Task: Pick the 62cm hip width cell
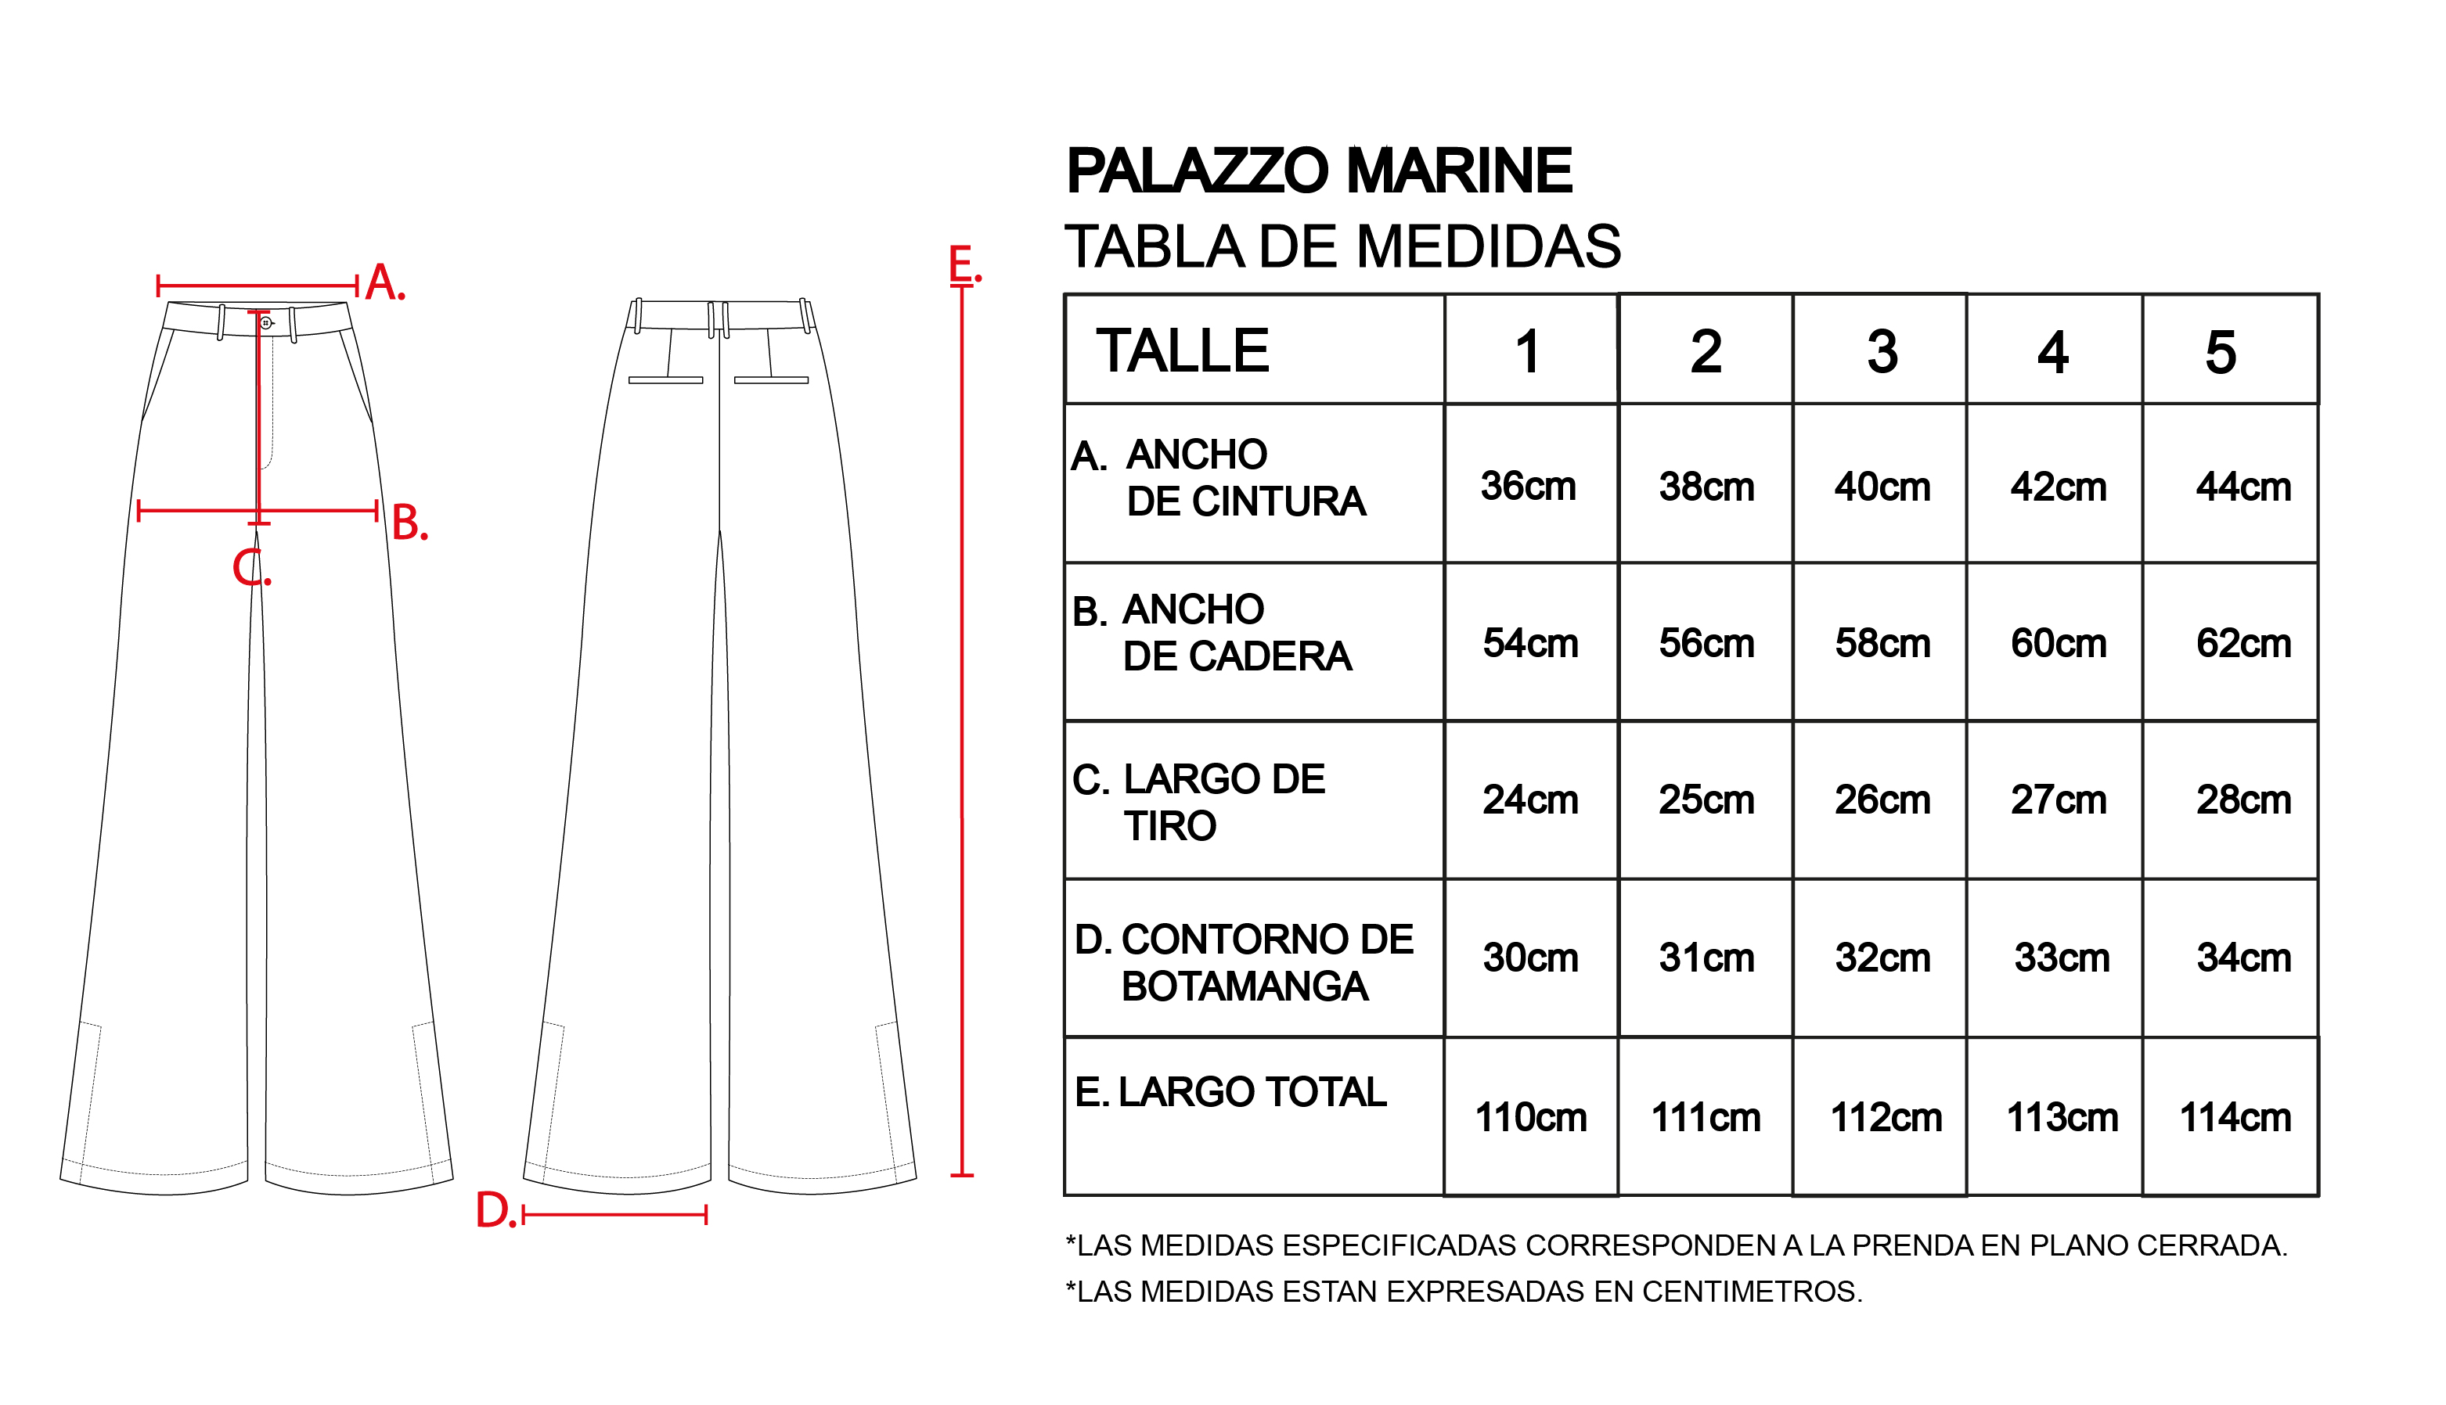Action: pyautogui.click(x=2242, y=644)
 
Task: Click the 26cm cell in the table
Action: pyautogui.click(x=1882, y=800)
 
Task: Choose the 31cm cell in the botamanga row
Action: pyautogui.click(x=1706, y=958)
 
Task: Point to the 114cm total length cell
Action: pyautogui.click(x=2235, y=1117)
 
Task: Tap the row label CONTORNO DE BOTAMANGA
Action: pyautogui.click(x=1266, y=962)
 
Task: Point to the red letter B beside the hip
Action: pyautogui.click(x=406, y=523)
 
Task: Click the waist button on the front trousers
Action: pyautogui.click(x=266, y=322)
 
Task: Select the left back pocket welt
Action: pyautogui.click(x=665, y=380)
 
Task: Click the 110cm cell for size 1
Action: pyautogui.click(x=1530, y=1117)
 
